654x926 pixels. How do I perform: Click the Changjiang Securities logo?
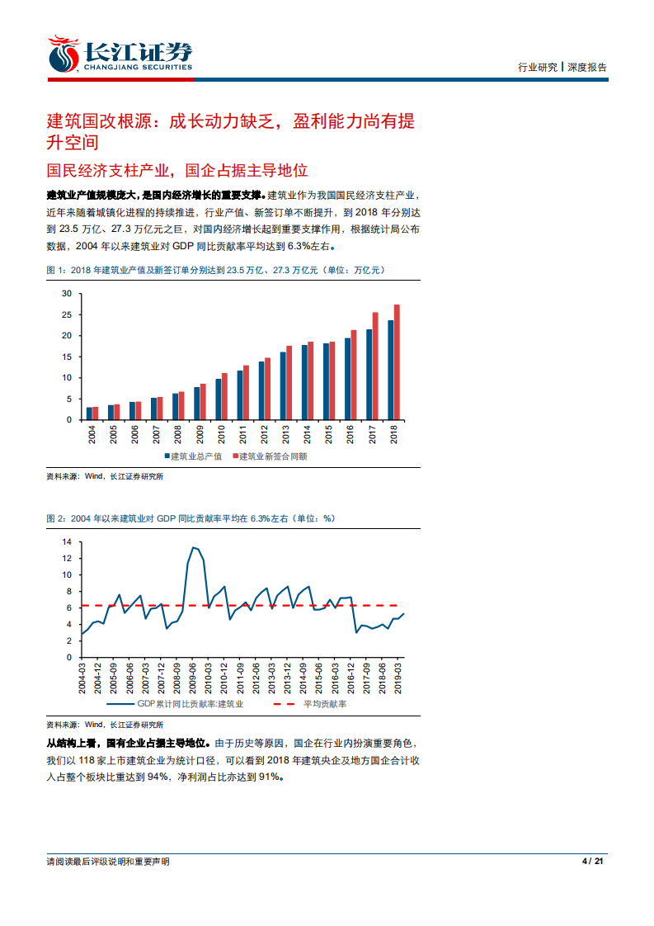tap(120, 54)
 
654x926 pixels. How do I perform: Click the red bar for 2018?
tap(397, 362)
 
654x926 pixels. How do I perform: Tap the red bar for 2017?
tap(375, 366)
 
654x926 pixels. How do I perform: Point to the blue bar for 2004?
tap(89, 413)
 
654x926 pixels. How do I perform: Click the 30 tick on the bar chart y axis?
tap(67, 294)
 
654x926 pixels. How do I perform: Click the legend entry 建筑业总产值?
tap(198, 456)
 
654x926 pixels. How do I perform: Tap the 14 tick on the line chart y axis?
tap(67, 542)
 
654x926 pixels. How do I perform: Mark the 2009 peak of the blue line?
tap(193, 547)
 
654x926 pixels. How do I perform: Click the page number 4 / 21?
tap(594, 862)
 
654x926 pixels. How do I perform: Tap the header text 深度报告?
tap(586, 68)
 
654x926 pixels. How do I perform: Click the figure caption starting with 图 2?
tap(191, 518)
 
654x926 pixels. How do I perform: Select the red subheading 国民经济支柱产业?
tap(176, 170)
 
